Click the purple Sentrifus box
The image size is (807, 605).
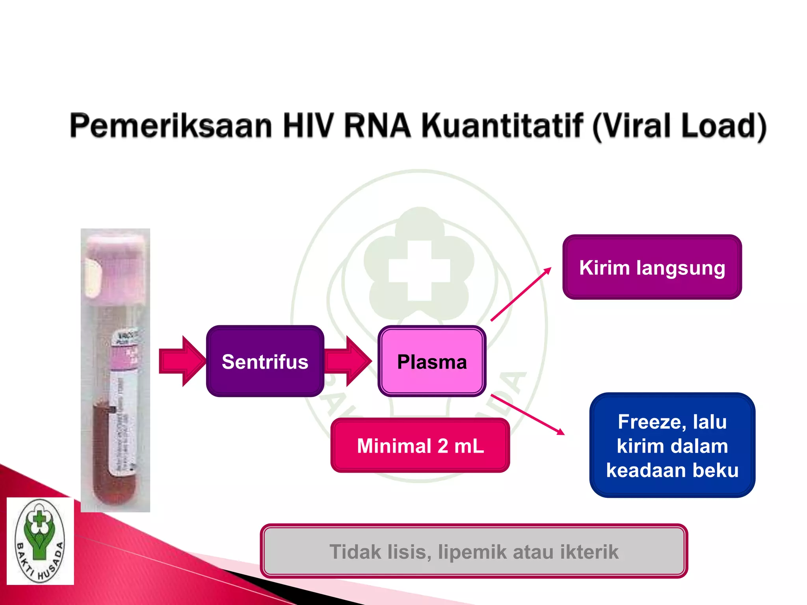(x=265, y=361)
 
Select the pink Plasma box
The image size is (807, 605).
(x=432, y=361)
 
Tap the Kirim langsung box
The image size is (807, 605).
(x=652, y=267)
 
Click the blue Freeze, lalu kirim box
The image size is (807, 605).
(x=672, y=445)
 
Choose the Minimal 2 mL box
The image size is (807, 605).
(x=420, y=445)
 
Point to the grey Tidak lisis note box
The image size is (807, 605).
(x=474, y=551)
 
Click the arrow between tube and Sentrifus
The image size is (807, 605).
(x=181, y=361)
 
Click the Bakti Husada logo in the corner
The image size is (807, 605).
(x=40, y=540)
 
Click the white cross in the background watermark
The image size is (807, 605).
(x=419, y=271)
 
